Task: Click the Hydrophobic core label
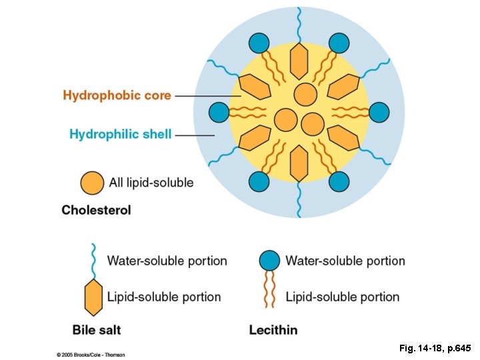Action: pyautogui.click(x=117, y=95)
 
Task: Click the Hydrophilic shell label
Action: pyautogui.click(x=120, y=134)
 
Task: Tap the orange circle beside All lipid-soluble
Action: pyautogui.click(x=92, y=183)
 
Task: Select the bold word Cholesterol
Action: pyautogui.click(x=96, y=210)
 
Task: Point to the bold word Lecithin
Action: pyautogui.click(x=273, y=329)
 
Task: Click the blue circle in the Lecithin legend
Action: pyautogui.click(x=269, y=261)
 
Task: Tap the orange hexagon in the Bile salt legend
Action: pyautogui.click(x=93, y=297)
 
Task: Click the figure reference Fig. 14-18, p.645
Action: pyautogui.click(x=435, y=348)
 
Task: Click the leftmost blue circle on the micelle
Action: pyautogui.click(x=219, y=112)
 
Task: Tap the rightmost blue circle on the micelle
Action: pyautogui.click(x=379, y=112)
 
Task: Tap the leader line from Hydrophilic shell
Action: pyautogui.click(x=194, y=135)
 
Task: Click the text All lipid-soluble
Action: pyautogui.click(x=151, y=183)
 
